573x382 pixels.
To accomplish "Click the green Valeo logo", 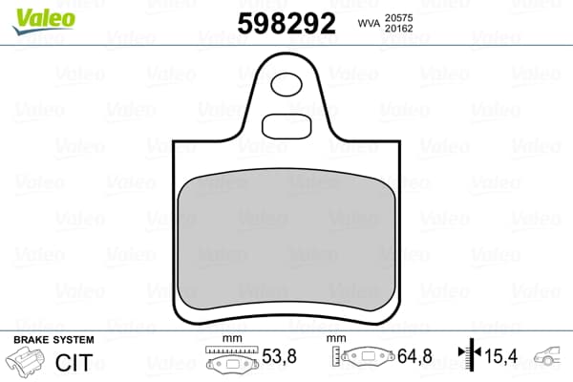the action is [44, 20].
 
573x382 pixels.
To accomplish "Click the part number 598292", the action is [286, 23].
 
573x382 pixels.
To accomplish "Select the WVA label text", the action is [369, 23].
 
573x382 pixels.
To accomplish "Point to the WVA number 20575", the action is [398, 18].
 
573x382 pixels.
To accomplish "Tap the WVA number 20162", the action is [398, 29].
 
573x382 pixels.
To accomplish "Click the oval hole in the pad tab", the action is [286, 84].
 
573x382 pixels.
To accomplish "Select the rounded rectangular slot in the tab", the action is [286, 126].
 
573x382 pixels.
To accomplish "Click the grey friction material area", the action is [286, 240].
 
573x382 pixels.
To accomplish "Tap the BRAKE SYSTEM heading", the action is [53, 340].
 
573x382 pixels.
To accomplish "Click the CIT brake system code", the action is [74, 363].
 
